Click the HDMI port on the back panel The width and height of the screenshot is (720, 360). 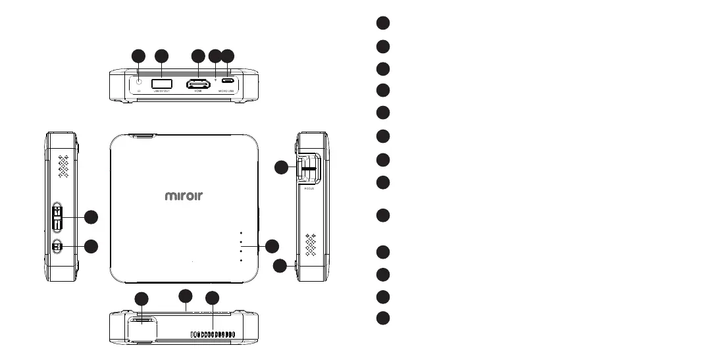click(197, 84)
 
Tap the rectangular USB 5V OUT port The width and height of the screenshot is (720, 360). click(162, 84)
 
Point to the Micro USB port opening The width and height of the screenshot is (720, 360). click(228, 83)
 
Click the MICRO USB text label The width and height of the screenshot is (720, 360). click(228, 92)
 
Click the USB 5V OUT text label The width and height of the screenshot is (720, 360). click(162, 92)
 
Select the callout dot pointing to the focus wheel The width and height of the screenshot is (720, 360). click(281, 168)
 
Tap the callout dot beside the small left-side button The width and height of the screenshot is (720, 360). click(91, 246)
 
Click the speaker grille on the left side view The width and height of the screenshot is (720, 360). click(63, 168)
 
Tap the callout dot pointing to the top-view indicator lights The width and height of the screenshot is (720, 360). click(272, 246)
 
